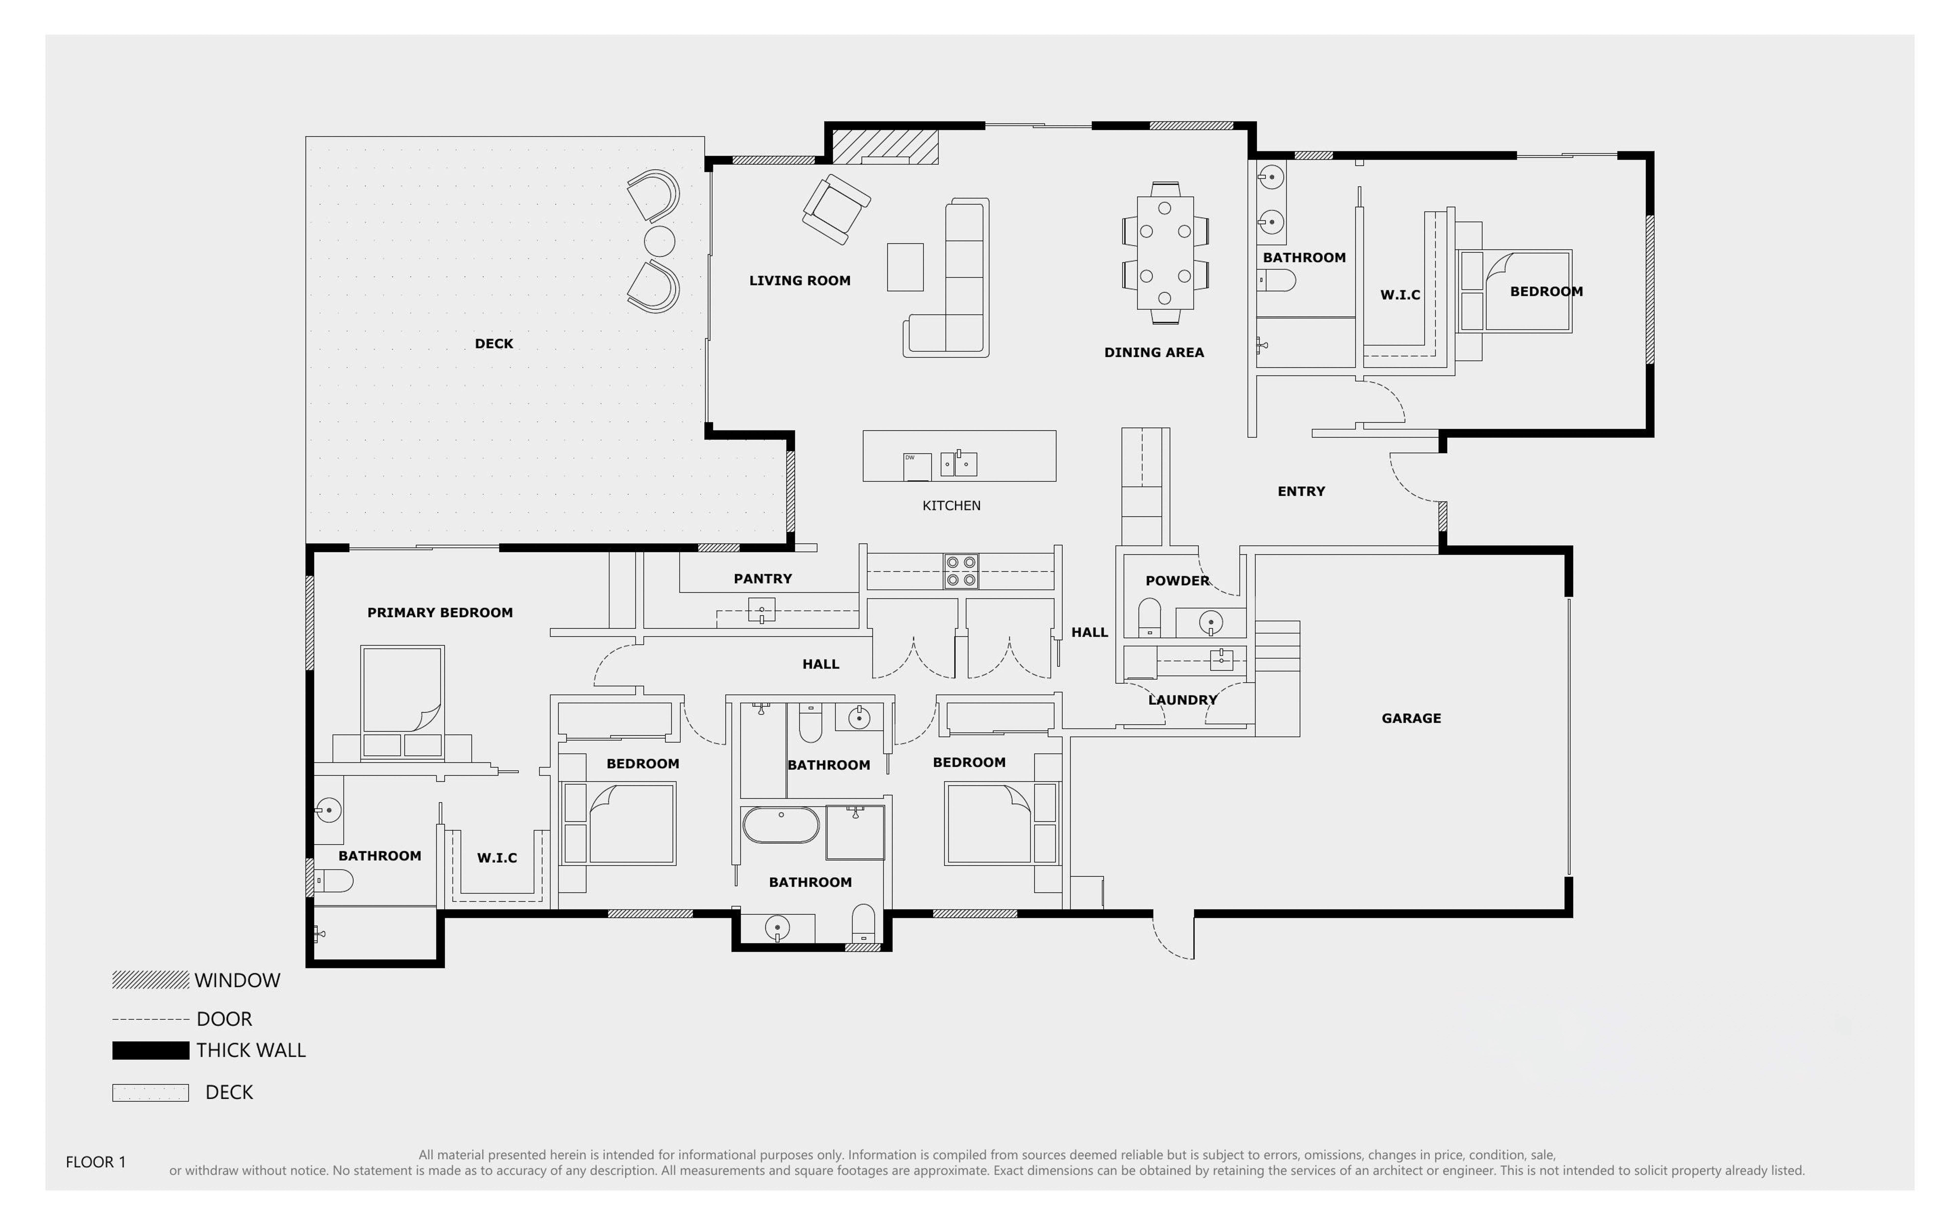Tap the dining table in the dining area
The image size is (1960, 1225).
pyautogui.click(x=1165, y=253)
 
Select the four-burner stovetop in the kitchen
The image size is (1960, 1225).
pyautogui.click(x=961, y=571)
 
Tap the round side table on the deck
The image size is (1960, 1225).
pyautogui.click(x=659, y=241)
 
